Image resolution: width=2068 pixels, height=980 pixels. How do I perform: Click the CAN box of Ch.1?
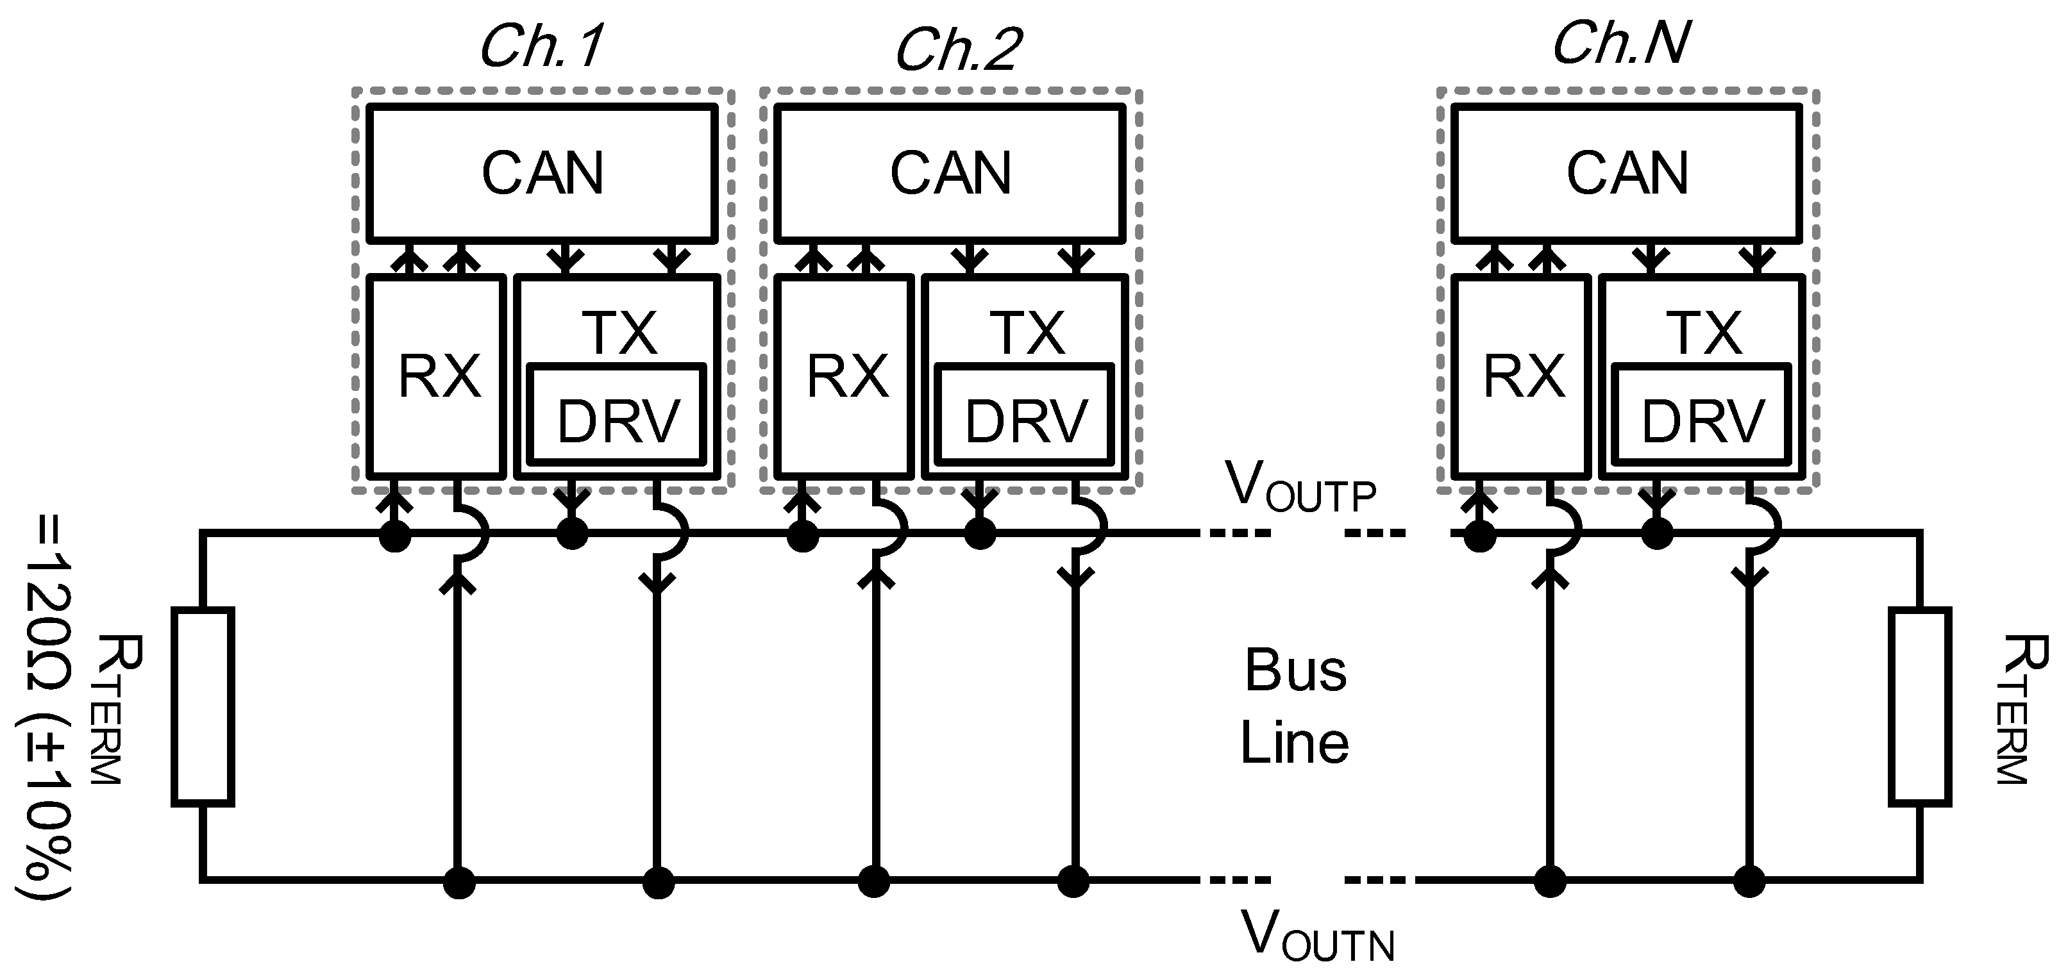tap(542, 173)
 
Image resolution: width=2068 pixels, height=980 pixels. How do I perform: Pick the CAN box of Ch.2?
tap(950, 173)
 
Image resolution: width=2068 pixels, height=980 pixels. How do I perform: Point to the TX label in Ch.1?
tap(619, 332)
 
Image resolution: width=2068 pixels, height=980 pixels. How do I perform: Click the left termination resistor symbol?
tap(203, 706)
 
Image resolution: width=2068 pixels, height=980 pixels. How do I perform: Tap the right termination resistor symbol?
tap(1919, 706)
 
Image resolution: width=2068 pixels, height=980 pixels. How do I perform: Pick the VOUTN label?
tap(1316, 935)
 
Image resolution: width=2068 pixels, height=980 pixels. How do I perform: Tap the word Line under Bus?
tap(1294, 742)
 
